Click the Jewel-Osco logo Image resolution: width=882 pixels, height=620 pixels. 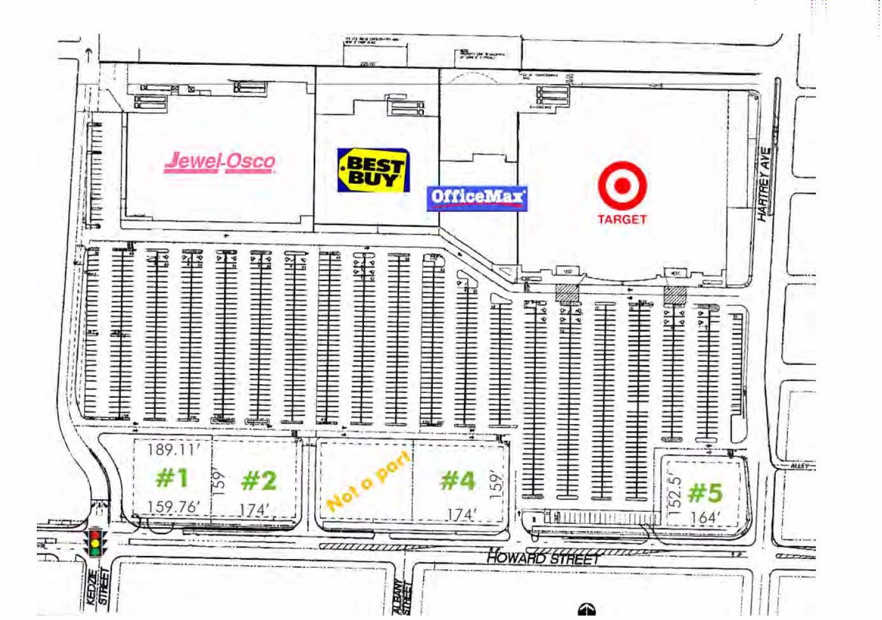pyautogui.click(x=220, y=162)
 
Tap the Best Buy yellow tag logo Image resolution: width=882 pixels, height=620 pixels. pyautogui.click(x=372, y=170)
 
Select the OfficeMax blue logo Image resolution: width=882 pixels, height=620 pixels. pyautogui.click(x=477, y=197)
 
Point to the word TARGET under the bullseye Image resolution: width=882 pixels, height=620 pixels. pyautogui.click(x=622, y=219)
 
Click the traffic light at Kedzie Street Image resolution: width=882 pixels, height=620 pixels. pyautogui.click(x=95, y=542)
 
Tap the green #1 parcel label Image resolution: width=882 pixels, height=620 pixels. pyautogui.click(x=172, y=478)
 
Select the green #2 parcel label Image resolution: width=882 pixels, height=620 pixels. pyautogui.click(x=259, y=481)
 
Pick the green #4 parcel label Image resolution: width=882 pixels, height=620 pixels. pyautogui.click(x=458, y=480)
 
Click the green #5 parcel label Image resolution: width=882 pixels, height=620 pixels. pyautogui.click(x=706, y=492)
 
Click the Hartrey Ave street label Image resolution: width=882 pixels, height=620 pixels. pyautogui.click(x=764, y=184)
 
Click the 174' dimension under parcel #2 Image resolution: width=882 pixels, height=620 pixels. pyautogui.click(x=255, y=510)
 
